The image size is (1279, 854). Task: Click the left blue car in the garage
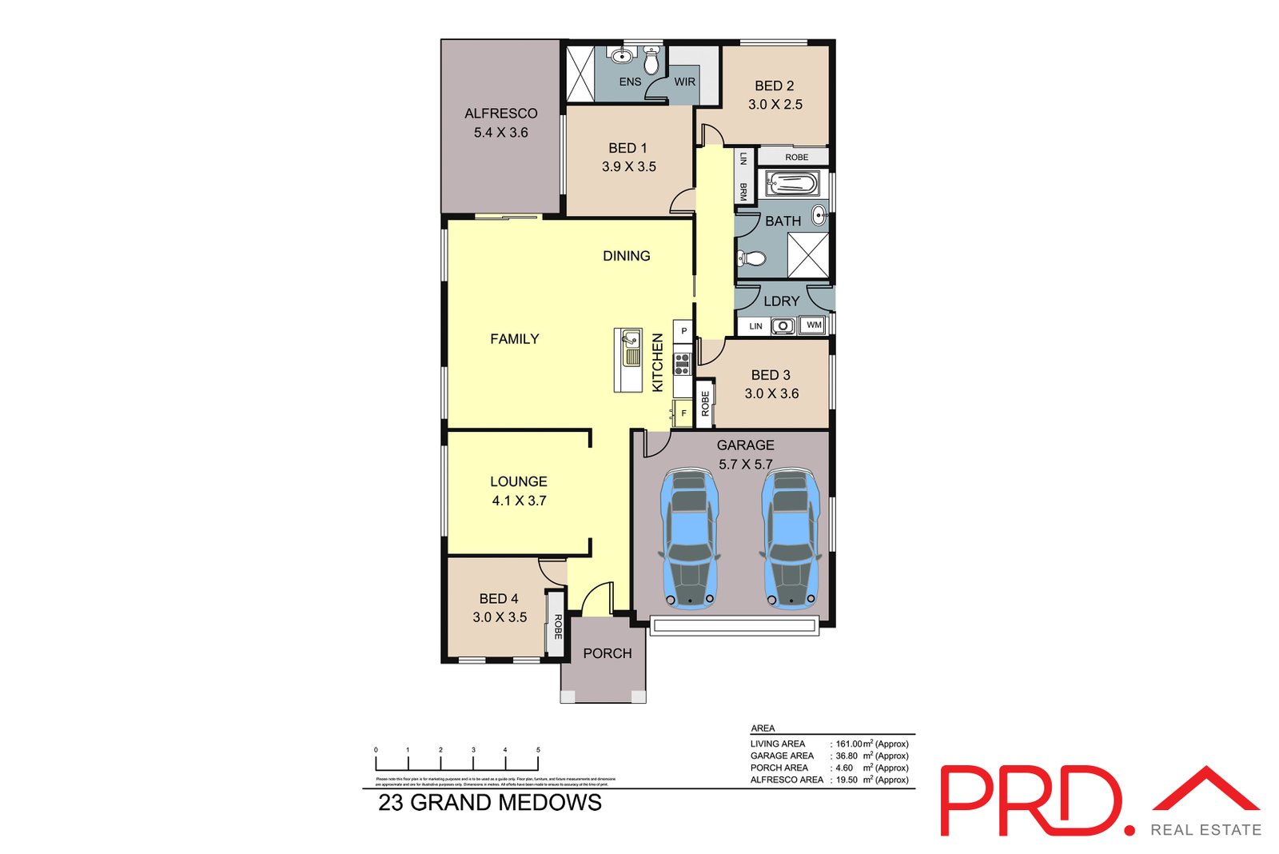[689, 539]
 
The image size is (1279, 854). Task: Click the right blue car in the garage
[790, 539]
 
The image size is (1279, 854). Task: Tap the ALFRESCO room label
[501, 114]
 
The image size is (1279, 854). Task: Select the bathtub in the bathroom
[792, 185]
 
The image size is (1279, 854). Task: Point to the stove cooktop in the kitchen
[682, 365]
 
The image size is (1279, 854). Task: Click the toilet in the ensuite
[651, 62]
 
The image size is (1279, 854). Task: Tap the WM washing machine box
[813, 325]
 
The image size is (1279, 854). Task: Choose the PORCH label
[608, 653]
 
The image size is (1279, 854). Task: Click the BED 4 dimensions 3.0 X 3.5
[500, 617]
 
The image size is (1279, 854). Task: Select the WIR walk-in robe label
[685, 82]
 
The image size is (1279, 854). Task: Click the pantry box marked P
[683, 330]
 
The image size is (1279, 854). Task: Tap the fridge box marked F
[683, 413]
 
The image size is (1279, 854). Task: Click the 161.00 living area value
[849, 744]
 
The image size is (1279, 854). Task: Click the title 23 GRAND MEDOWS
[489, 803]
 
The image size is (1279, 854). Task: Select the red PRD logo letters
[1031, 801]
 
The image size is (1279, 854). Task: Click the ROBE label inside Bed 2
[796, 158]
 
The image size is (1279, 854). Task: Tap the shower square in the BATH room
[808, 255]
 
